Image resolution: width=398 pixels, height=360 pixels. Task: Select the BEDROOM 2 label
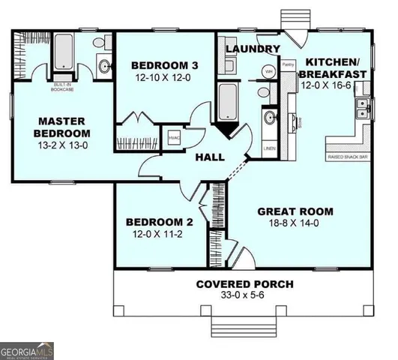[x=160, y=222]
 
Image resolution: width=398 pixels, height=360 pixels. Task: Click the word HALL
[x=211, y=157]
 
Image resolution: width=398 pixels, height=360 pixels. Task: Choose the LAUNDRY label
[x=253, y=49]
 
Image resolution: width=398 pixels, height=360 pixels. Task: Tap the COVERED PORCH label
[x=244, y=284]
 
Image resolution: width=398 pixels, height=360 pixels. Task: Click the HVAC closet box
[x=173, y=139]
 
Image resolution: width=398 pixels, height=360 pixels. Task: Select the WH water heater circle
[x=268, y=72]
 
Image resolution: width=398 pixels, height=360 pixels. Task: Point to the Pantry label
[x=288, y=66]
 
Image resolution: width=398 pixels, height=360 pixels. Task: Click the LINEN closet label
[x=269, y=148]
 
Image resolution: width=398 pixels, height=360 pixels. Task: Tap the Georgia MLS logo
[x=27, y=350]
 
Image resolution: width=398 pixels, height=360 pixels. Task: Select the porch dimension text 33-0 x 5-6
[x=244, y=296]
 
